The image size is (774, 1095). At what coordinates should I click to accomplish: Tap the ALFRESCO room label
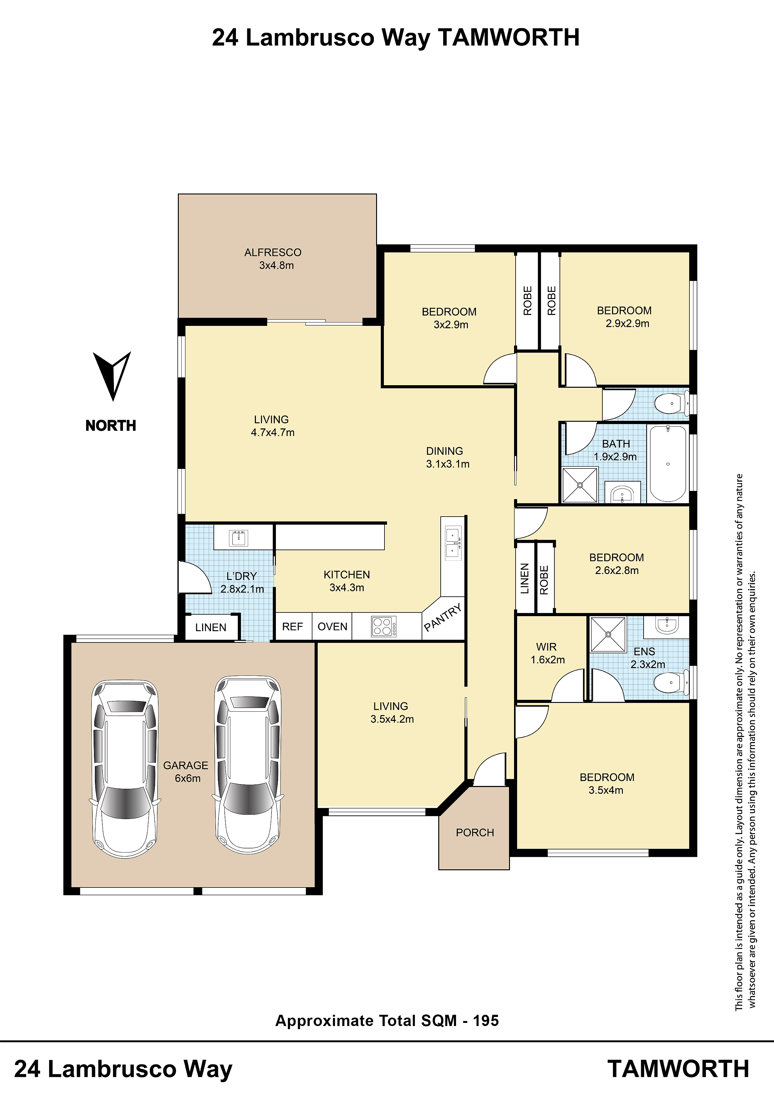point(273,252)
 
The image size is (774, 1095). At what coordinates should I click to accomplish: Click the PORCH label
point(475,833)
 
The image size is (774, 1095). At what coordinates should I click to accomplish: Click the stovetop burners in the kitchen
point(384,626)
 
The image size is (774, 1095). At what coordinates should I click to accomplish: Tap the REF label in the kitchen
point(292,627)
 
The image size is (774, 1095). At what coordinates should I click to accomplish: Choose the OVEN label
point(332,627)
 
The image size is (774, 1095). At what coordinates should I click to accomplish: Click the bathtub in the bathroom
point(668,463)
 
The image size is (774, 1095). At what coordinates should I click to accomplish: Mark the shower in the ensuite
point(608,634)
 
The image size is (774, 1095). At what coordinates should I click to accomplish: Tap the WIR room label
point(546,647)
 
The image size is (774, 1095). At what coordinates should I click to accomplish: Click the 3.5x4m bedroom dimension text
point(606,790)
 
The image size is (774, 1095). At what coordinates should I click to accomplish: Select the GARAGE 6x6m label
point(186,772)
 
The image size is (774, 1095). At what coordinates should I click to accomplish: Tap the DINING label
point(444,451)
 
